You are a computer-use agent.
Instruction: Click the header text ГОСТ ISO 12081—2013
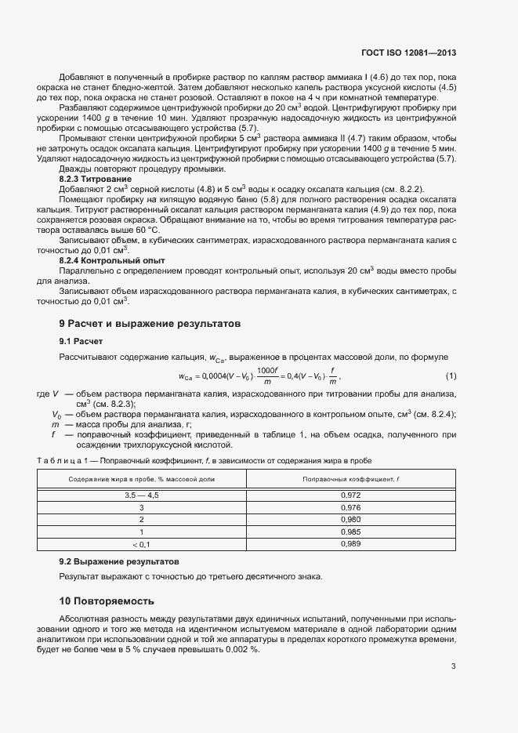tap(411, 53)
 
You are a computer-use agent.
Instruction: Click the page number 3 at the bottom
tap(453, 667)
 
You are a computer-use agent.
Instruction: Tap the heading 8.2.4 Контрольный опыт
tap(113, 259)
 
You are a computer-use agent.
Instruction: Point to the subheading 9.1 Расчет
tap(81, 341)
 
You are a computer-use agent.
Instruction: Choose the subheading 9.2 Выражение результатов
tap(119, 562)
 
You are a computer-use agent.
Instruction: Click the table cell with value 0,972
tap(351, 495)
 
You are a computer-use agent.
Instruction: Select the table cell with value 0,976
tap(351, 507)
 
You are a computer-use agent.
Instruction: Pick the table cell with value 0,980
tap(351, 519)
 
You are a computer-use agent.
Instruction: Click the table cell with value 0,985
tap(351, 532)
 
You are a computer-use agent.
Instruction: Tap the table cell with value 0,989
tap(351, 543)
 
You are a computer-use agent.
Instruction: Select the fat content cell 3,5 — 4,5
tap(141, 495)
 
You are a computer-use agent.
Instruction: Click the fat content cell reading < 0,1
tap(141, 543)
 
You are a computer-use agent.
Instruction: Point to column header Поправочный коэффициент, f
tap(351, 478)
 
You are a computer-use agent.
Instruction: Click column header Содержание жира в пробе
tap(141, 478)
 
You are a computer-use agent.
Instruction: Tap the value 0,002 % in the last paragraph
tap(240, 650)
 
